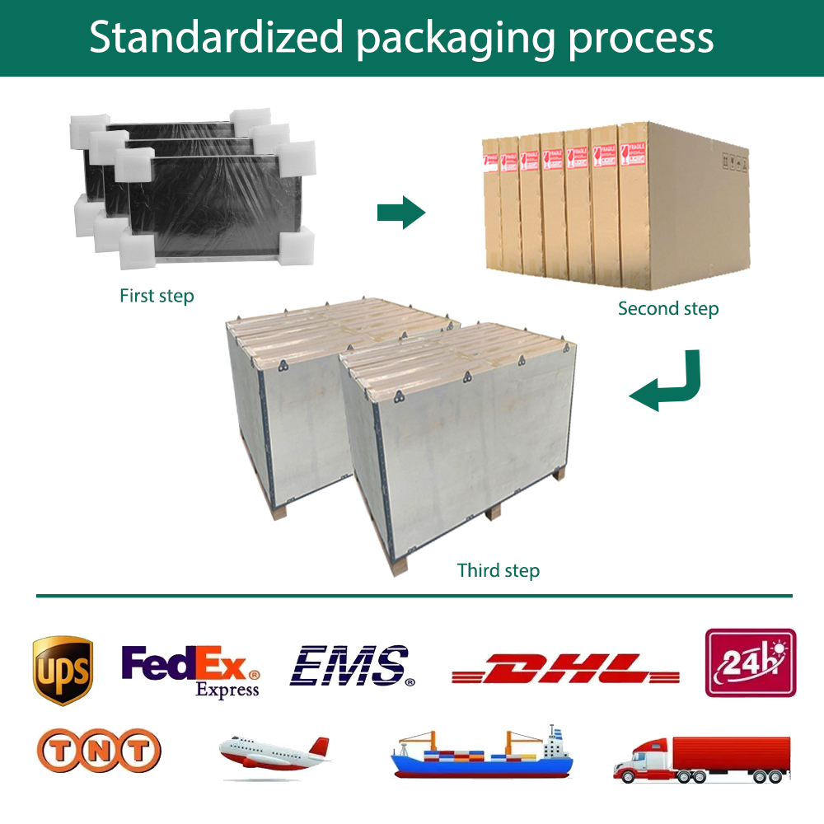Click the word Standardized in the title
[x=216, y=38]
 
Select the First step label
[x=157, y=295]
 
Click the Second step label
[x=668, y=309]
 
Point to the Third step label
[x=499, y=570]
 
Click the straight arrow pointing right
[x=400, y=213]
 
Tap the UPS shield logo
[x=63, y=670]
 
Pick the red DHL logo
[x=565, y=668]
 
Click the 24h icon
[x=750, y=663]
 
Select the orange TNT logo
[x=99, y=751]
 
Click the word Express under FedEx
[x=227, y=690]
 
